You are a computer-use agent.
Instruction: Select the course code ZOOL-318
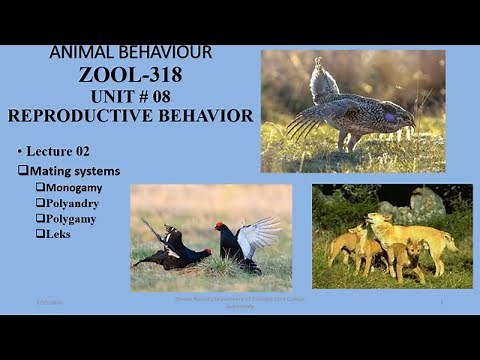[130, 74]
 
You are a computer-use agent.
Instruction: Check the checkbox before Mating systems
[22, 171]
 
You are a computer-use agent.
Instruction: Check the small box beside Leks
[40, 233]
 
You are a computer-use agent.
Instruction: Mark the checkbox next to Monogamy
[40, 187]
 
